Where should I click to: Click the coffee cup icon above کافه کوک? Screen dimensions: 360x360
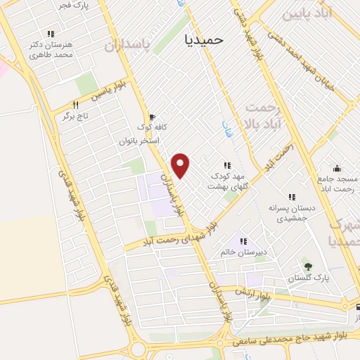152,117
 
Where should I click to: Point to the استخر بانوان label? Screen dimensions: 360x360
140,141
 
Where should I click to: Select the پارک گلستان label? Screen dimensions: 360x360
307,276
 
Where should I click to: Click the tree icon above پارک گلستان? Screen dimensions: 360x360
307,265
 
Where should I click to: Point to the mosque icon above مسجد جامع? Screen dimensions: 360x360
337,168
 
